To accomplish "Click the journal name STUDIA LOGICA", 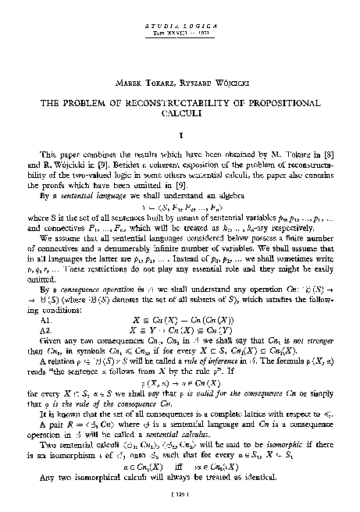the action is coord(179,26).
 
